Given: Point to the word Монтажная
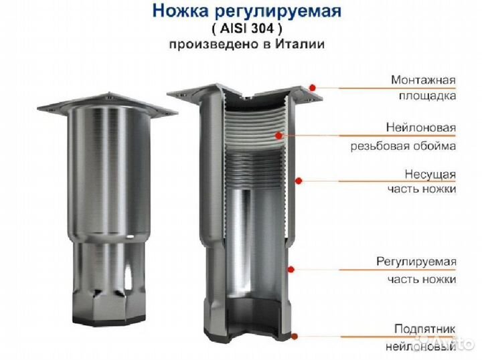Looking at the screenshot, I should click(424, 80).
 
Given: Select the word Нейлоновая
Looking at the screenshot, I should click(421, 127).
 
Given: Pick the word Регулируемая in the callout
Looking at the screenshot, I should click(416, 260).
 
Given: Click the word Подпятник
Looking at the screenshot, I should click(425, 329).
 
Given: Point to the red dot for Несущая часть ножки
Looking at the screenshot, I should click(299, 180).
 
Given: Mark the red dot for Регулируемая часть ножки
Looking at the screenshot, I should click(292, 268).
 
